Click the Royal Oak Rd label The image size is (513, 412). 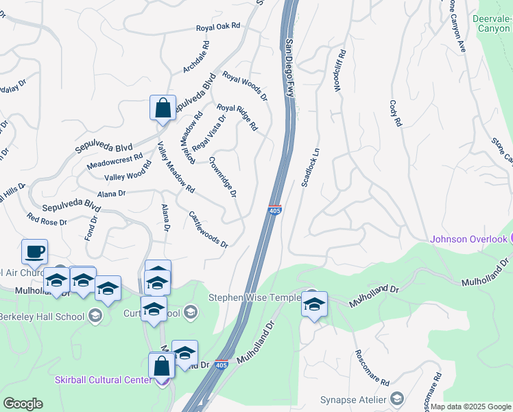click(218, 26)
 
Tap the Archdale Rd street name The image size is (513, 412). click(195, 57)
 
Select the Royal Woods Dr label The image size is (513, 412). click(245, 87)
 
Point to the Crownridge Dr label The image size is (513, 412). click(223, 177)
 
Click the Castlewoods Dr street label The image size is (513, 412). click(208, 229)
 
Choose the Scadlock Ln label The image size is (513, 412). click(311, 167)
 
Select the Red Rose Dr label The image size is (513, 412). click(47, 222)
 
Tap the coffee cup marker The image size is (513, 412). click(34, 251)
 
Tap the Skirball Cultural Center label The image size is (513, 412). click(104, 380)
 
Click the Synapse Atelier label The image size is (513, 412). click(353, 400)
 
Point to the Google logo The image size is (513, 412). click(23, 404)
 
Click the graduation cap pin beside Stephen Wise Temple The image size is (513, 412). click(315, 304)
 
